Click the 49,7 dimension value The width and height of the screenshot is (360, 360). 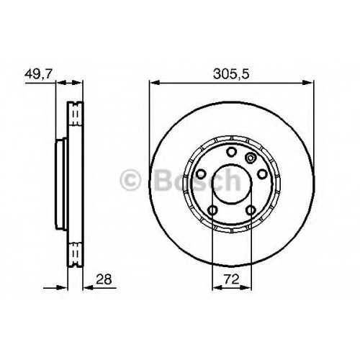tap(38, 74)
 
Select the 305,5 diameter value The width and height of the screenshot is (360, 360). tap(231, 74)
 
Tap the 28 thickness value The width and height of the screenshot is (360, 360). tap(104, 279)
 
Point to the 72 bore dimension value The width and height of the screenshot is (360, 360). tap(232, 279)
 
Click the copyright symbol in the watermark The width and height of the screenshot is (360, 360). tap(130, 179)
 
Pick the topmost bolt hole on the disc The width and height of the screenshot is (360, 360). tap(232, 152)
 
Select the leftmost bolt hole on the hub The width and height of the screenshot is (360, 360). tap(201, 174)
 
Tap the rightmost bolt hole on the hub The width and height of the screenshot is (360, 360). tap(262, 174)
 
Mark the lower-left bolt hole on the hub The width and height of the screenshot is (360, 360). tap(212, 210)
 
